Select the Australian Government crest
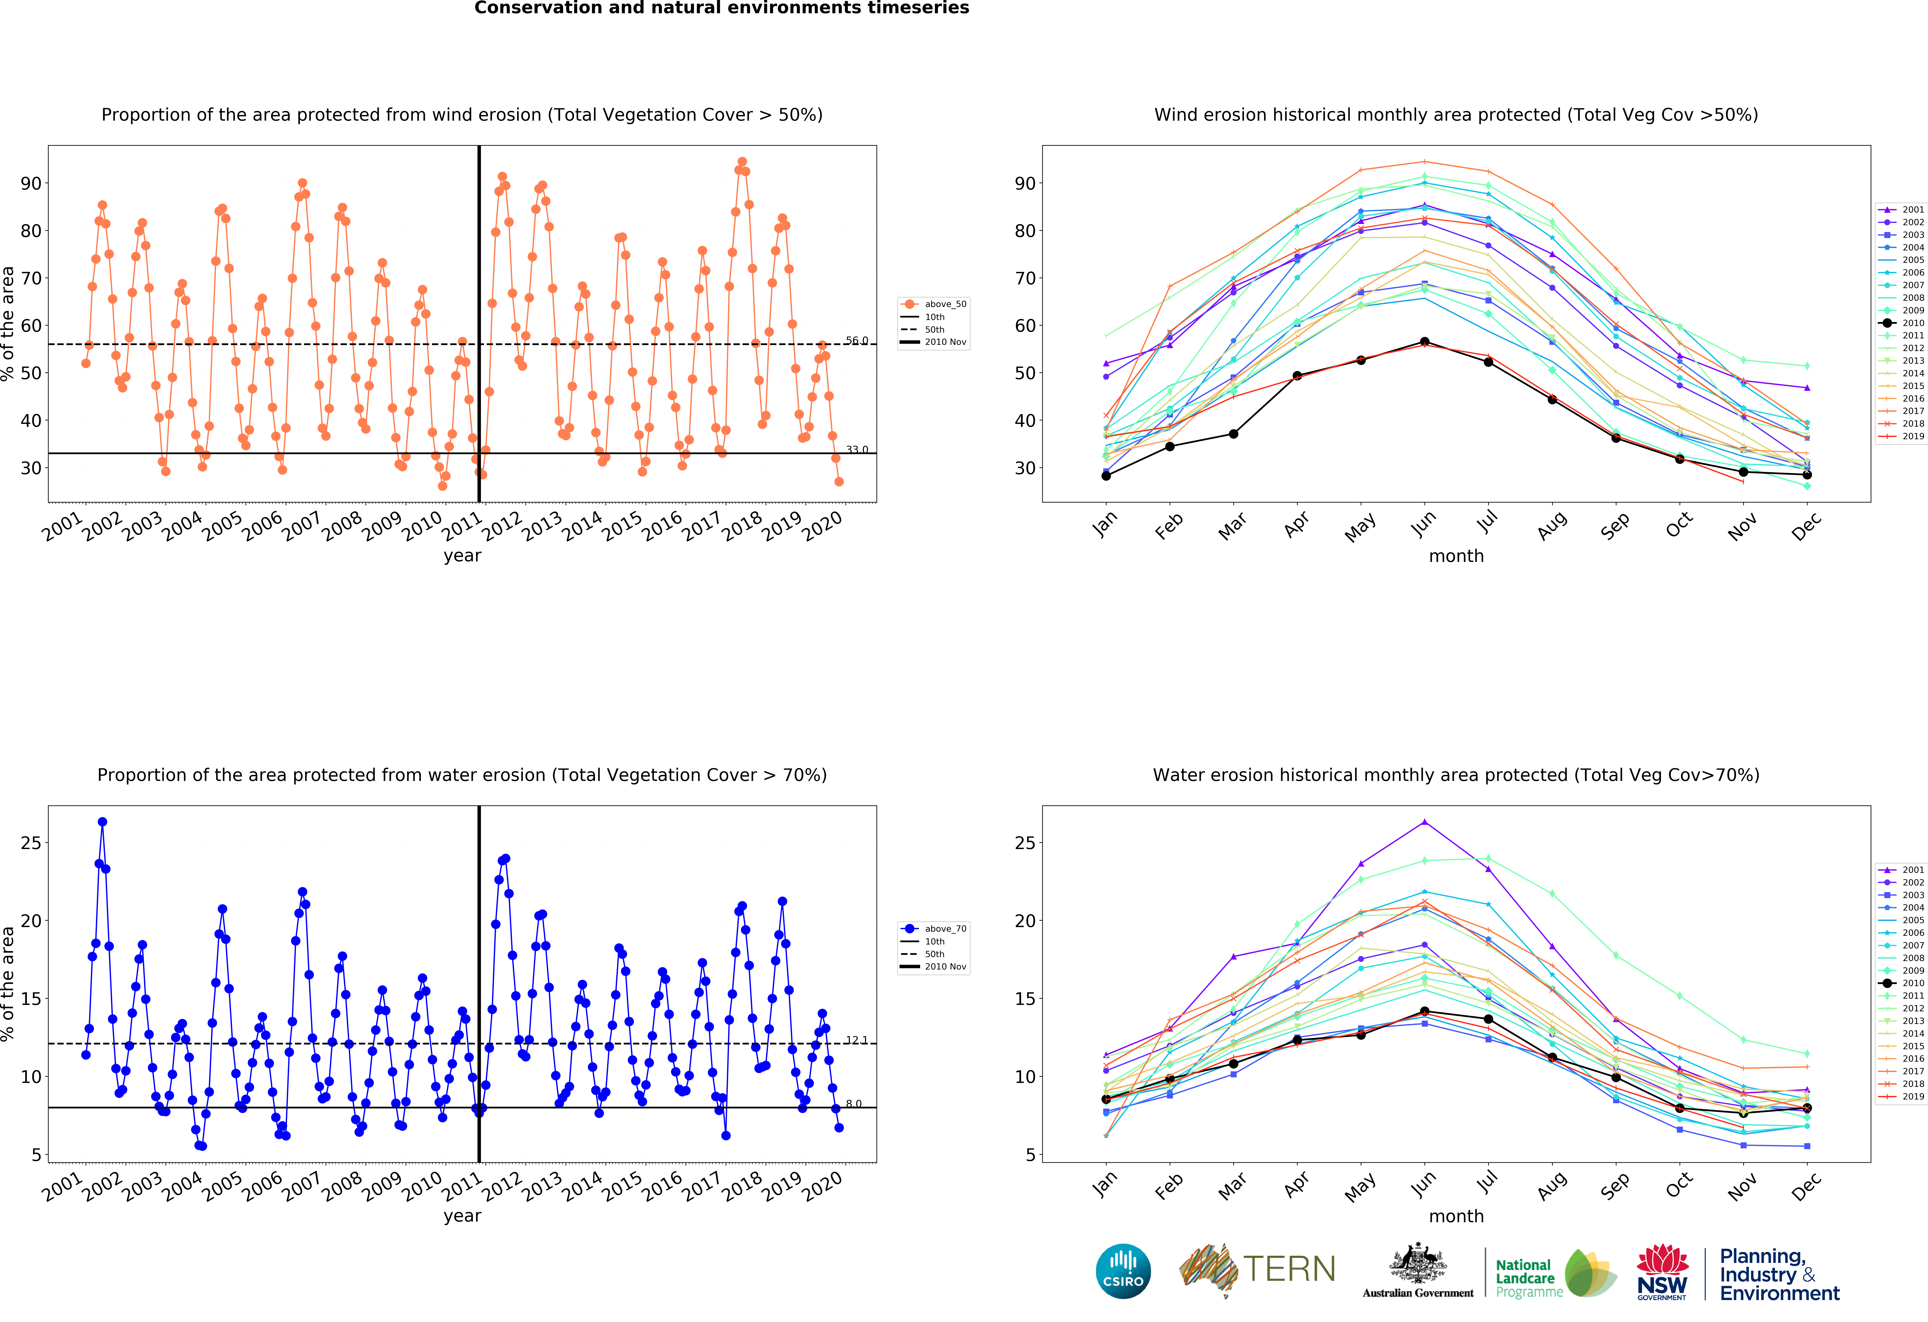click(x=1418, y=1263)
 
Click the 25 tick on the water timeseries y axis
click(x=31, y=843)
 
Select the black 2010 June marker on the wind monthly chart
click(x=1424, y=342)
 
